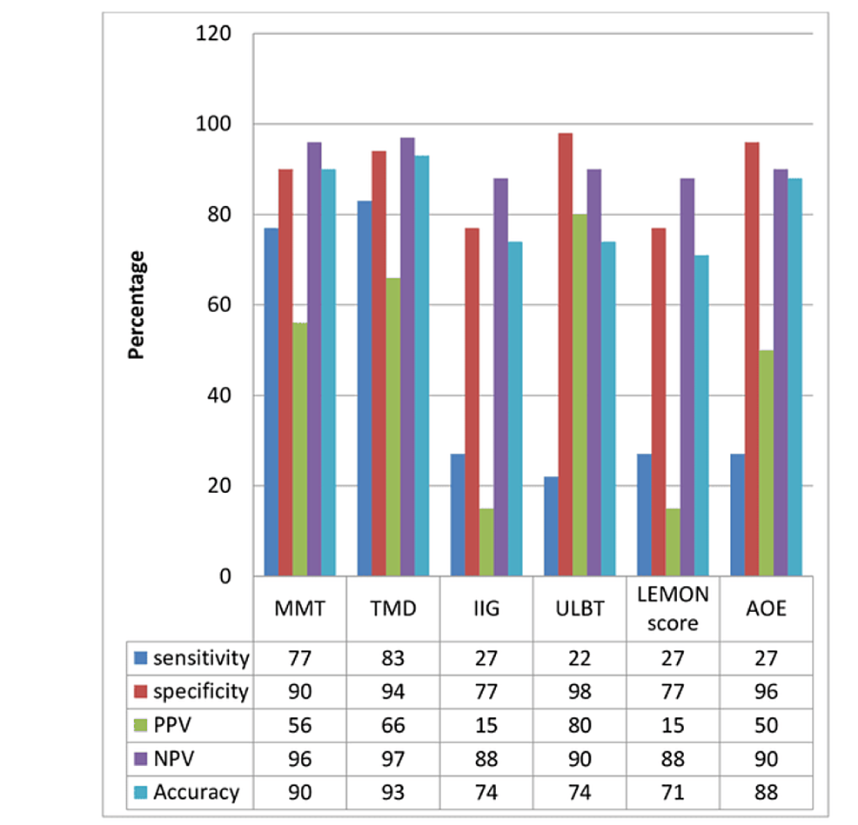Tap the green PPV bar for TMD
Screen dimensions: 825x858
point(392,427)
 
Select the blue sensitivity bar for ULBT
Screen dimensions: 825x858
point(551,526)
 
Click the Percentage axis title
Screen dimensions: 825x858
point(137,305)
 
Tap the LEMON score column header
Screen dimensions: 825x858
point(673,609)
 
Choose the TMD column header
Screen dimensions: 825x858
point(392,609)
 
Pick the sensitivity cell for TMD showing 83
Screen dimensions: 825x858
point(392,658)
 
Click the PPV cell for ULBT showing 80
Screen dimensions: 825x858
point(580,725)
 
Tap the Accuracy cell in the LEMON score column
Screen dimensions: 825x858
point(673,792)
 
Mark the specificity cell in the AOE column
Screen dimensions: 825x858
point(767,692)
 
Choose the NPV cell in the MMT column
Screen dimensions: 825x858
point(299,759)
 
